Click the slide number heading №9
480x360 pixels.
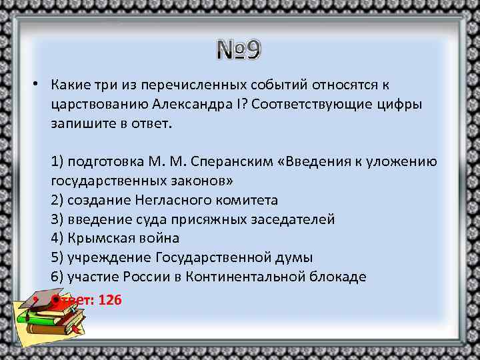(x=239, y=51)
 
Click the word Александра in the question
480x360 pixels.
(x=186, y=105)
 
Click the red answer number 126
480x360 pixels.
(x=109, y=300)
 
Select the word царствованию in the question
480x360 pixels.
(x=97, y=105)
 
